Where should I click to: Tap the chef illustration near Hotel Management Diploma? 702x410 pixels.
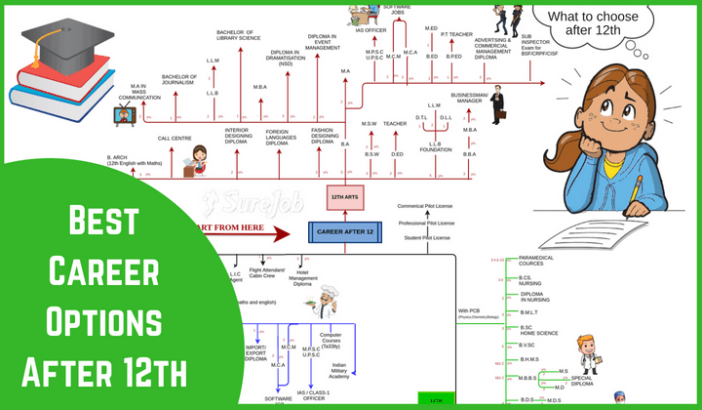330,293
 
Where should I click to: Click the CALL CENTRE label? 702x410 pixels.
175,139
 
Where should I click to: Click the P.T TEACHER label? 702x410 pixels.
456,34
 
